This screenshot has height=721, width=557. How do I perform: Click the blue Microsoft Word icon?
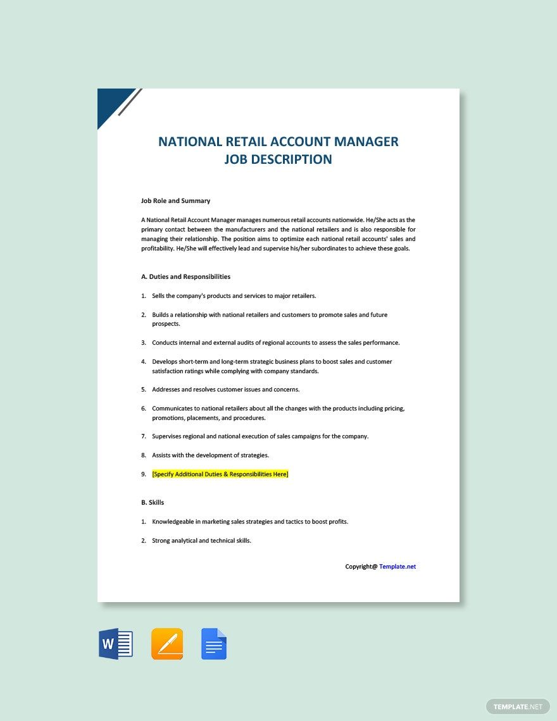(x=116, y=644)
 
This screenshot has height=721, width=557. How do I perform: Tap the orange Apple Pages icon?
(x=167, y=644)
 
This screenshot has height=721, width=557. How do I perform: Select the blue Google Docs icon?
(x=214, y=644)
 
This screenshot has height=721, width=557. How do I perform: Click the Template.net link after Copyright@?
(x=397, y=567)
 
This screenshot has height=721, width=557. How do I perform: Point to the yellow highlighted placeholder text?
(x=220, y=474)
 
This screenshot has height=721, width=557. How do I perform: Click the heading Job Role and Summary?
(x=175, y=201)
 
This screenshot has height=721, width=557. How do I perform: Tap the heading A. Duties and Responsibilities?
(x=185, y=277)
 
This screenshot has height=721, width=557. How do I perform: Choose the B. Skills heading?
(x=153, y=503)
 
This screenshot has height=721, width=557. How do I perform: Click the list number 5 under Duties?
(x=144, y=390)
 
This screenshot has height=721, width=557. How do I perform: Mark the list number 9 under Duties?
(x=144, y=474)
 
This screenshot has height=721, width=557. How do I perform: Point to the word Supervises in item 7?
(x=168, y=436)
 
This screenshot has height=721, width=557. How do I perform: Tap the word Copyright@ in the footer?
(x=361, y=567)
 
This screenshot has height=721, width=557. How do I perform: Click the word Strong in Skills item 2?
(x=161, y=541)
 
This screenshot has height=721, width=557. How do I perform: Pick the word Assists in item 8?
(x=162, y=455)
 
